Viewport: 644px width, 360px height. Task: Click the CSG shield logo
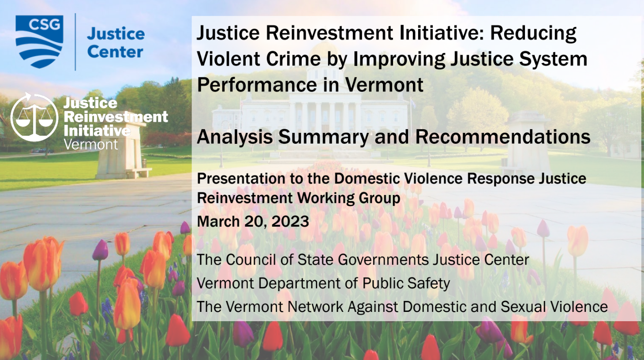click(39, 42)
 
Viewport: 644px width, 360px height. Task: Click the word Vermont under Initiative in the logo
click(91, 144)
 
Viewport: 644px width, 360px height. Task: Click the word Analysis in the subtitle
click(235, 138)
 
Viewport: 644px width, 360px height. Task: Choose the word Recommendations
click(503, 137)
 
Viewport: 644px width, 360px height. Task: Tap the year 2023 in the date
click(290, 221)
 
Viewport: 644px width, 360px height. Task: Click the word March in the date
click(218, 221)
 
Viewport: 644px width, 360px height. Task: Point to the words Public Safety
click(406, 284)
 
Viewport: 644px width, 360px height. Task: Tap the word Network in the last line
click(315, 307)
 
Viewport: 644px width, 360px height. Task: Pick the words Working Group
click(348, 199)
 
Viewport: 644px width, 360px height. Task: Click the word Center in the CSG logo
click(115, 52)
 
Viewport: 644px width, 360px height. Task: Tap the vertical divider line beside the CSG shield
click(75, 42)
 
